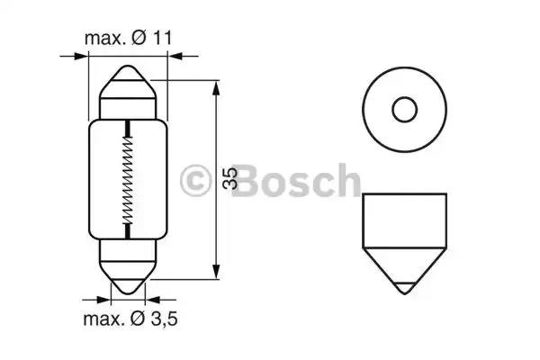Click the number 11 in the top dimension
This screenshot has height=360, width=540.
162,38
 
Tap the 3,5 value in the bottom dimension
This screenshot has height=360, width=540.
164,319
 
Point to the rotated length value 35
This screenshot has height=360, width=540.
229,178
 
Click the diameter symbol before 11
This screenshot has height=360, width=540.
139,38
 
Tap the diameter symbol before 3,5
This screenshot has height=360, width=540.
138,319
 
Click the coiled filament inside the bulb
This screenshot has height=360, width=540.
128,180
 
